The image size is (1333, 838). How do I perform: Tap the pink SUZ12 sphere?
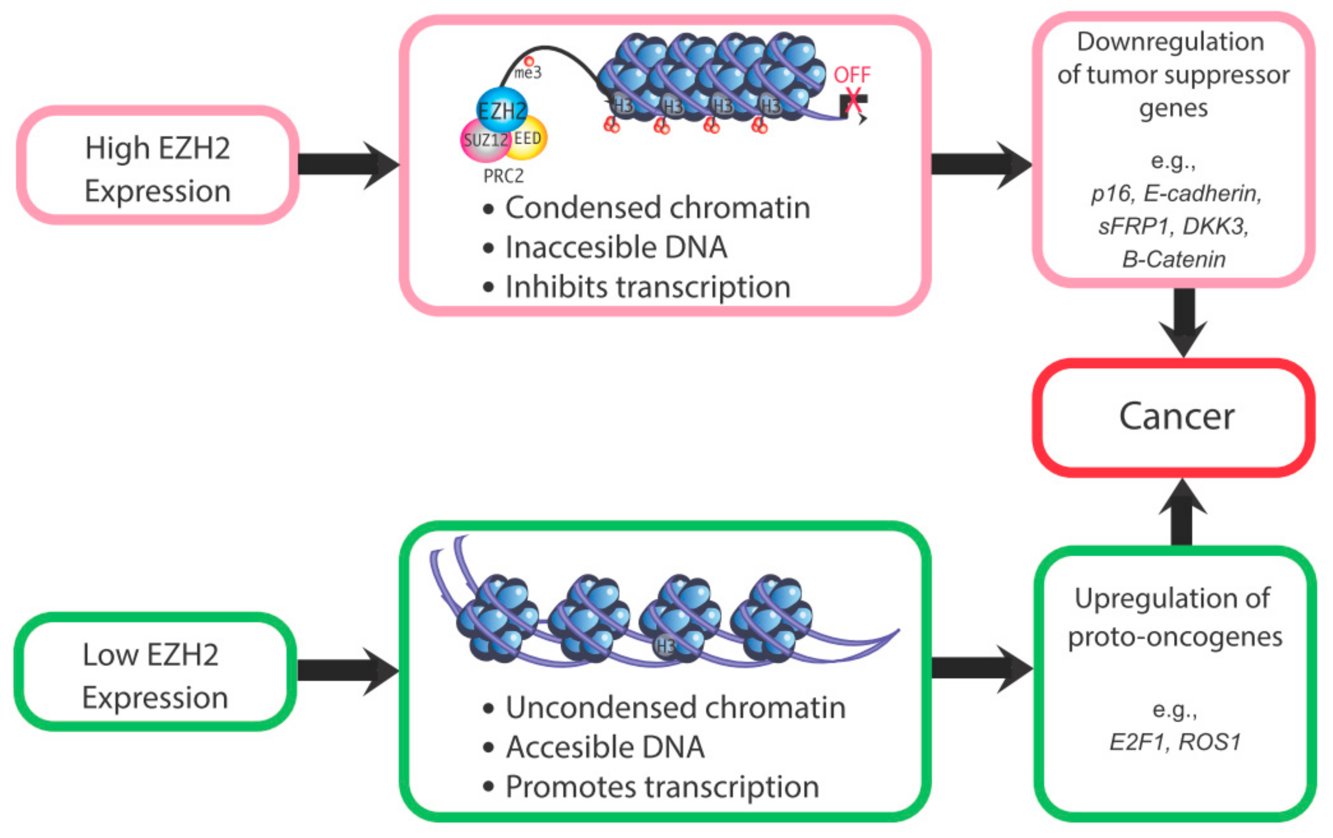pos(483,141)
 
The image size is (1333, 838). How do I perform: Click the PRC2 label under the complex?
pos(503,176)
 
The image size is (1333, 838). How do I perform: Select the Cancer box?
pos(1175,417)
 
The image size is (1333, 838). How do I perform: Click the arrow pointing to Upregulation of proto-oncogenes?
pos(980,669)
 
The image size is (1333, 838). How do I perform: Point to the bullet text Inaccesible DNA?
pos(616,247)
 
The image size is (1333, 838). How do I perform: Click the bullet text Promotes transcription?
pos(662,786)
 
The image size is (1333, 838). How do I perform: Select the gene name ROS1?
pos(1210,742)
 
